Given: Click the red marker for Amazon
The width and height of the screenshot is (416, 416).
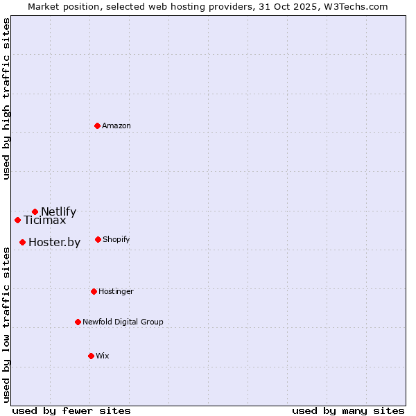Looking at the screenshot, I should pos(97,125).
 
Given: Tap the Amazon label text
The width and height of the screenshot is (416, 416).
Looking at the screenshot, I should pos(116,126).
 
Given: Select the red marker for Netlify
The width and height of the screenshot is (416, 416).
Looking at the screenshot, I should pos(35,211).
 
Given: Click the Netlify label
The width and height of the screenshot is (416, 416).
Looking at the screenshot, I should pos(58,212).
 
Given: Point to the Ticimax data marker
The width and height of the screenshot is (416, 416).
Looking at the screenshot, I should pos(17,220).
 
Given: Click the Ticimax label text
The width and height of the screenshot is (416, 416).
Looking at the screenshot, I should pos(44,220).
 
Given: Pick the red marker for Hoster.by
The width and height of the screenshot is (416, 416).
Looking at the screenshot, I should pos(22,242).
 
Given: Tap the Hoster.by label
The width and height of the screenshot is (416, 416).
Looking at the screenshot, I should pos(54,243).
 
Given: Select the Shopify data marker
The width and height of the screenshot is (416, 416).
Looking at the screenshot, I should pos(98,239).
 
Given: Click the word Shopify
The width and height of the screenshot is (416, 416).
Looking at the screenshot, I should pos(116,240).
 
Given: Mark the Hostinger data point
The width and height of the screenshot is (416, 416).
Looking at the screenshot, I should pos(94,291).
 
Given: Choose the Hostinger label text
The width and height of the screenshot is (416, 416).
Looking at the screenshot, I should pos(116,292).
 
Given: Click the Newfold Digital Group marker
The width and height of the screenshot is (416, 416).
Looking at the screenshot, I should pos(78,322).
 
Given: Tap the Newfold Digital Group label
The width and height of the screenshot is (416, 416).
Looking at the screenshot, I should pos(123,322).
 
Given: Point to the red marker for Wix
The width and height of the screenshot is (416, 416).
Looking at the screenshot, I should pos(91,356).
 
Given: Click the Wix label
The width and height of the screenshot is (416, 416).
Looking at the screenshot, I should pos(103,356).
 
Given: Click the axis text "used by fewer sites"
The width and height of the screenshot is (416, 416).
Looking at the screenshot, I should pos(71,410).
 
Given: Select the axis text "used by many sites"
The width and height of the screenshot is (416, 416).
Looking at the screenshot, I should pos(348,410).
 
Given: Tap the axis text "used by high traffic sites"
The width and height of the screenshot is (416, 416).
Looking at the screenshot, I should pos(7,98).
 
